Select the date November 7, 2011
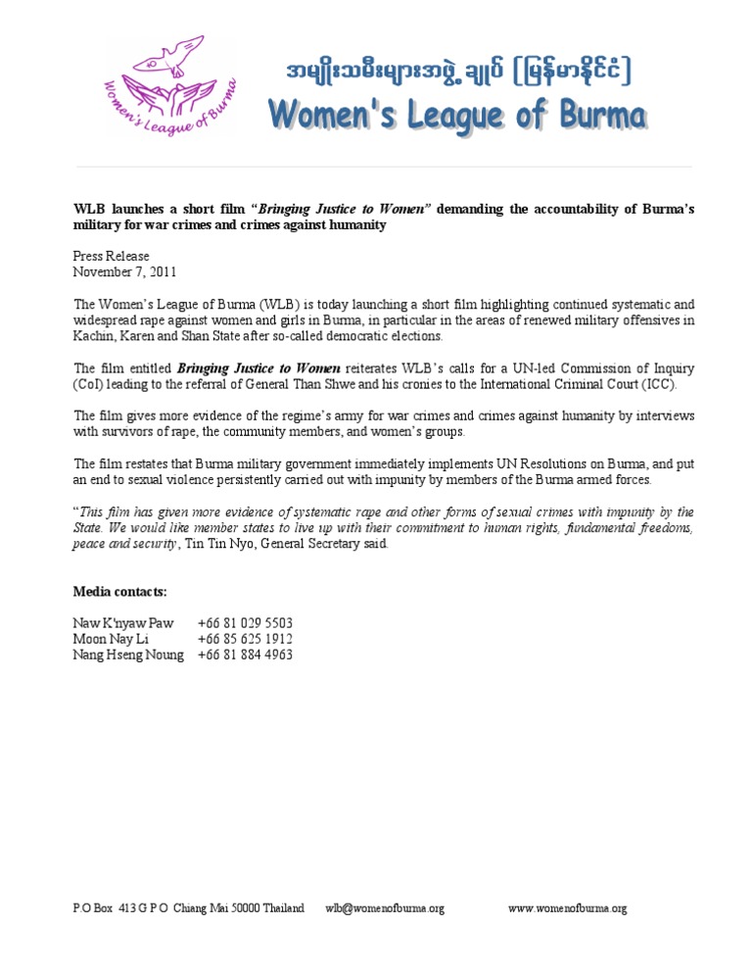(x=125, y=271)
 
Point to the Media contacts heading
(x=120, y=592)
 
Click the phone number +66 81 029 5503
(x=245, y=623)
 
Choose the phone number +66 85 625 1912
(x=245, y=639)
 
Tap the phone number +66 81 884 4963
(x=245, y=655)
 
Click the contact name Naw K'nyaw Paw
(x=123, y=623)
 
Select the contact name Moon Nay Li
(x=112, y=639)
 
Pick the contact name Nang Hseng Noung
(x=128, y=655)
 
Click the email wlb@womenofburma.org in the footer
(x=385, y=908)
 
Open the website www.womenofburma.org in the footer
(x=567, y=908)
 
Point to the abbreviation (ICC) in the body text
(x=656, y=384)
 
